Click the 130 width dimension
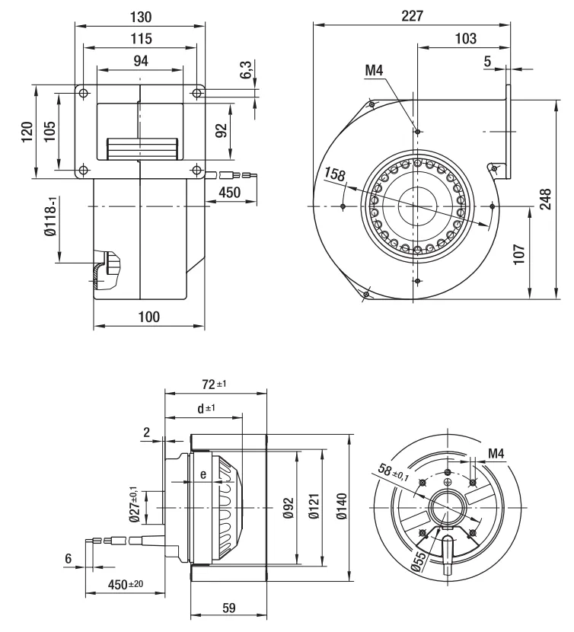[141, 17]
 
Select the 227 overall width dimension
[412, 16]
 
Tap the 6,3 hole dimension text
[247, 69]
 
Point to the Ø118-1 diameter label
[51, 216]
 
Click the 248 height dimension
[545, 199]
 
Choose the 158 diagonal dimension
[334, 174]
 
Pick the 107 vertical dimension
[519, 254]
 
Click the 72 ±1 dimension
[214, 384]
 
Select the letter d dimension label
[201, 409]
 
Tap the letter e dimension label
[203, 474]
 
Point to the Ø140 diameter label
[341, 506]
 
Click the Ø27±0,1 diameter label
[135, 504]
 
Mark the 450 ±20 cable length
[126, 584]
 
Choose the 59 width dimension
[228, 608]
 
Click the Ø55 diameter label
[419, 561]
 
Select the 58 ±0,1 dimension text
[394, 472]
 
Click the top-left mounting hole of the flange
[84, 94]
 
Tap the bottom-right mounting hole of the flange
[196, 170]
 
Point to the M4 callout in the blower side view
[374, 71]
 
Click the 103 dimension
[466, 38]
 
